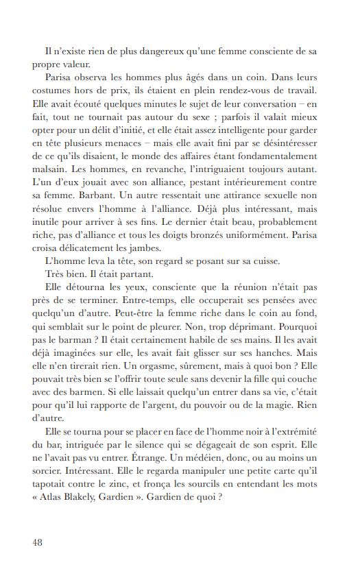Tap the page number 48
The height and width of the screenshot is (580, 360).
coord(38,542)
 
